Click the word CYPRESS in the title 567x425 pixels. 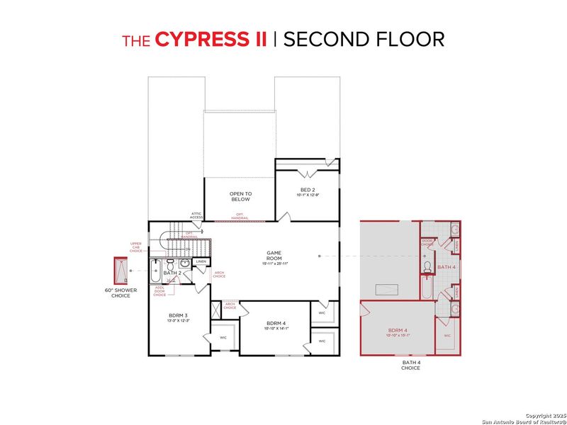pyautogui.click(x=210, y=39)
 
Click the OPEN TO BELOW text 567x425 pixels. pyautogui.click(x=240, y=196)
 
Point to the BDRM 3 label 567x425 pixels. pyautogui.click(x=178, y=317)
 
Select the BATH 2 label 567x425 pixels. pyautogui.click(x=173, y=273)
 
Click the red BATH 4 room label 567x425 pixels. pyautogui.click(x=447, y=267)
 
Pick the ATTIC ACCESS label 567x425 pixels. pyautogui.click(x=196, y=215)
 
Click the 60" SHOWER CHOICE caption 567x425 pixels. pyautogui.click(x=120, y=293)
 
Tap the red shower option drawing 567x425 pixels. pyautogui.click(x=120, y=271)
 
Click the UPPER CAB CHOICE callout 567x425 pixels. pyautogui.click(x=135, y=247)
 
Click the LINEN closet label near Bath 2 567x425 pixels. pyautogui.click(x=201, y=262)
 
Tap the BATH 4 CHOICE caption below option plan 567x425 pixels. pyautogui.click(x=410, y=365)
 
